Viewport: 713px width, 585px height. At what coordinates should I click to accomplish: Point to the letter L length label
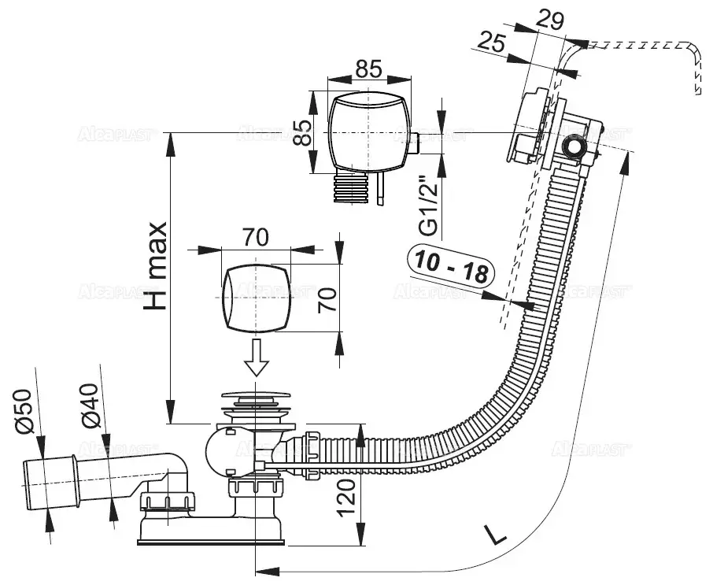(x=494, y=535)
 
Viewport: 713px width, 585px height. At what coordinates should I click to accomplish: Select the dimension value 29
(x=550, y=20)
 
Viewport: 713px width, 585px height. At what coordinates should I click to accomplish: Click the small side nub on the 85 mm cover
(x=415, y=143)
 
